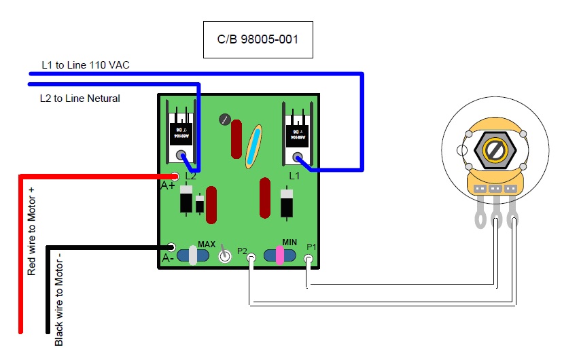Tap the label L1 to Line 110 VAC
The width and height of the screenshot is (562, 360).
pyautogui.click(x=85, y=65)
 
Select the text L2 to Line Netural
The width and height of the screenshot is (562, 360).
pyautogui.click(x=80, y=98)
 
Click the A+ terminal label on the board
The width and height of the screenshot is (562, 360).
pyautogui.click(x=168, y=185)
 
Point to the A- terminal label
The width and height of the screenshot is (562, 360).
pyautogui.click(x=168, y=258)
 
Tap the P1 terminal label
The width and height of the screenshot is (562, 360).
pyautogui.click(x=311, y=246)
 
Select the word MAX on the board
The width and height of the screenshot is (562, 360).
pyautogui.click(x=207, y=243)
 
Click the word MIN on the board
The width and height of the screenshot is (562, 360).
pyautogui.click(x=289, y=242)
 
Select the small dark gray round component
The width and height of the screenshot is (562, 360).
pyautogui.click(x=224, y=120)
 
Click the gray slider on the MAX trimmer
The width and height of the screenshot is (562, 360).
pyautogui.click(x=193, y=255)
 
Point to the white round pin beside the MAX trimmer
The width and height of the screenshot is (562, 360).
pyautogui.click(x=224, y=256)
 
